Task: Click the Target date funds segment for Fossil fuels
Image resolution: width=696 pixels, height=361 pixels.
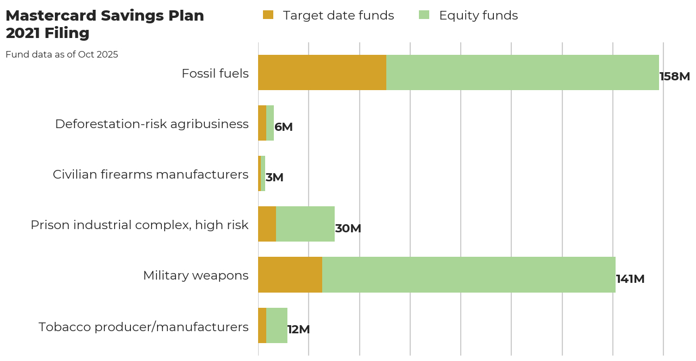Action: point(322,72)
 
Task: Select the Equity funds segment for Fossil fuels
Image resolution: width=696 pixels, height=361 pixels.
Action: point(522,72)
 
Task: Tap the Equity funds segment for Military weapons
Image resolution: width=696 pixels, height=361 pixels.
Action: point(468,275)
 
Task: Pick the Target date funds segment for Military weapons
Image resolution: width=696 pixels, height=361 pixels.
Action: point(290,275)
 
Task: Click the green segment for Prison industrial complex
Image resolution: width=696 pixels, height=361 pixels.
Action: point(305,224)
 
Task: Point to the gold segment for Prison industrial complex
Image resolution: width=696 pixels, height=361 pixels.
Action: point(267,224)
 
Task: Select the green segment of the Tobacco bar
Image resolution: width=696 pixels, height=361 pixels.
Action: point(277,325)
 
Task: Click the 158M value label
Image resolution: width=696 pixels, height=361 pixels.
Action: point(674,77)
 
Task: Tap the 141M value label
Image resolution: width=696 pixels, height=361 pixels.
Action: point(630,279)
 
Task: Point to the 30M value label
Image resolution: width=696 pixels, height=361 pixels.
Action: point(348,229)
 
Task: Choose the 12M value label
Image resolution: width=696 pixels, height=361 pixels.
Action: point(298,330)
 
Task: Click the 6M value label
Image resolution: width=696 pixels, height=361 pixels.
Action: point(283,127)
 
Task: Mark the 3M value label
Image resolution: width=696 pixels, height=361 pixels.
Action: point(274,178)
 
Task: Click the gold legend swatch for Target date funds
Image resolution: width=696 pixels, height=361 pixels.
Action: point(268,15)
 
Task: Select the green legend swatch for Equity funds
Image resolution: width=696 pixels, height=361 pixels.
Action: point(424,15)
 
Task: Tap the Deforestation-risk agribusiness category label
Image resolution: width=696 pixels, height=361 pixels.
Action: point(152,124)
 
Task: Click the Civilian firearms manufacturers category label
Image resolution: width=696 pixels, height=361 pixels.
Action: point(151,174)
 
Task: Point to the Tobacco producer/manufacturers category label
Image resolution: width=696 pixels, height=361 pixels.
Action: point(143,327)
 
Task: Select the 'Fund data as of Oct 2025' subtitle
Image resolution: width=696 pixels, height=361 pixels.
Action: point(61,54)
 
